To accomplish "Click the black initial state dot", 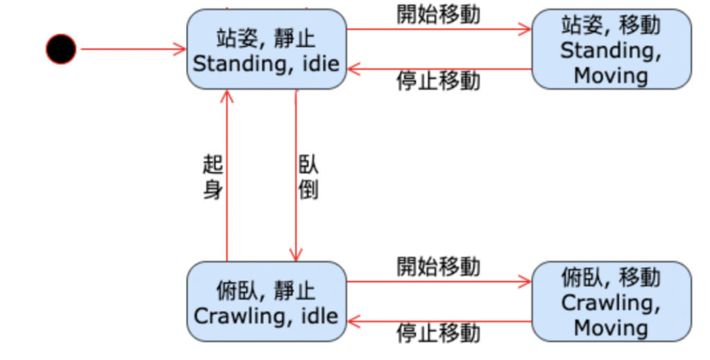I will click(61, 49).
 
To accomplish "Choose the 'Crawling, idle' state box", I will click(266, 302).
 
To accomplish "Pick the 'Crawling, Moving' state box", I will click(611, 302).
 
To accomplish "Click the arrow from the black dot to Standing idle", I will click(132, 49).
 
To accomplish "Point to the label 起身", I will click(213, 177).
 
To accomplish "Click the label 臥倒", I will click(308, 177).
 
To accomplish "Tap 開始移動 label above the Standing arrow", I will click(438, 14).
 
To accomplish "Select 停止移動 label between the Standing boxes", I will click(438, 81).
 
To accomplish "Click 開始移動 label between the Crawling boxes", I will click(438, 266).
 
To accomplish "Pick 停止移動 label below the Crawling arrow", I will click(438, 333).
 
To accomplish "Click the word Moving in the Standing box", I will click(611, 74).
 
